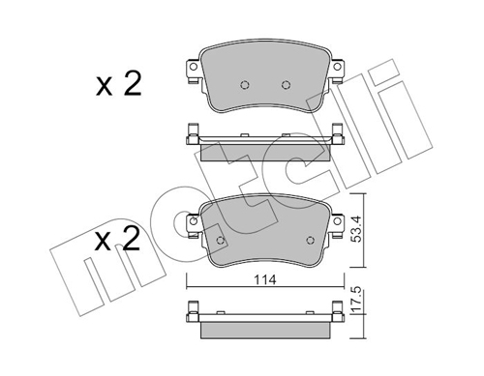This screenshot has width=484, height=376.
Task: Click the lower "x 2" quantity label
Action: (x=119, y=239)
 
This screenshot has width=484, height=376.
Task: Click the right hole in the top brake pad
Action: (x=286, y=83)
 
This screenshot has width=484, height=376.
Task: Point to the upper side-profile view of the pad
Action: (x=264, y=141)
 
